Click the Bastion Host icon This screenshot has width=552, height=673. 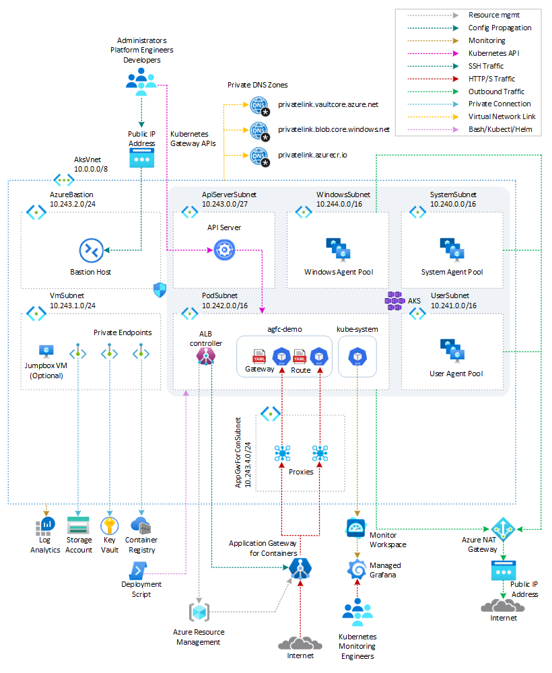pos(91,250)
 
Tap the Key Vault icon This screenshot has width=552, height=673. pos(109,526)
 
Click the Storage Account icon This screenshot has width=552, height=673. pos(79,526)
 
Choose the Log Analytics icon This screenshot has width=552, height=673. pos(45,526)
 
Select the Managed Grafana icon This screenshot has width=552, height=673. pos(356,570)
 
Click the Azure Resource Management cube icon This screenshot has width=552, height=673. pos(199,612)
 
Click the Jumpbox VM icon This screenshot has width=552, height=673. pos(46,351)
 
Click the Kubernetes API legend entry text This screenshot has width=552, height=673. pos(494,52)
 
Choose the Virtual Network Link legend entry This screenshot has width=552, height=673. pos(502,116)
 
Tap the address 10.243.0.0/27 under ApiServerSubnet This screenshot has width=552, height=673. pos(226,204)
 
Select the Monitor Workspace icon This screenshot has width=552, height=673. pos(355,527)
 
